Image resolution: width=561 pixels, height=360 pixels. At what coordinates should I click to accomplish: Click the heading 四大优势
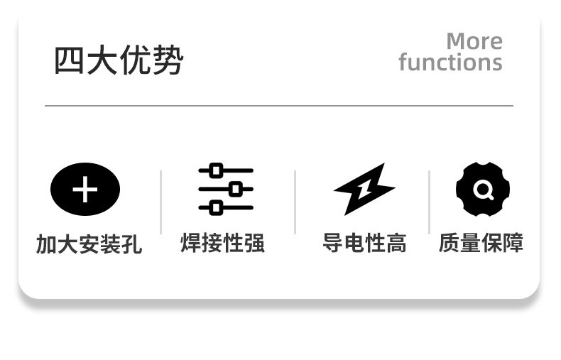pyautogui.click(x=119, y=60)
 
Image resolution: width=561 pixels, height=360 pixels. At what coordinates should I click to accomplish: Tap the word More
pyautogui.click(x=474, y=41)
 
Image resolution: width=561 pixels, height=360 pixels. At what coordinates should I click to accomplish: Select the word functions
pyautogui.click(x=450, y=62)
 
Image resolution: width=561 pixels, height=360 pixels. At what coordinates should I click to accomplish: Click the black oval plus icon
pyautogui.click(x=85, y=190)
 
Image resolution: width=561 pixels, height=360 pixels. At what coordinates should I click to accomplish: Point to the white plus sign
pyautogui.click(x=85, y=190)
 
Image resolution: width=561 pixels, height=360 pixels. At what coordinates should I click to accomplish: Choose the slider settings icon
pyautogui.click(x=226, y=190)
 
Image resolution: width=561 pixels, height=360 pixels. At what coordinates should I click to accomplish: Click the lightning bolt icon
pyautogui.click(x=364, y=189)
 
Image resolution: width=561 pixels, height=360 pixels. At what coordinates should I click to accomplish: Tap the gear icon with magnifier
pyautogui.click(x=483, y=190)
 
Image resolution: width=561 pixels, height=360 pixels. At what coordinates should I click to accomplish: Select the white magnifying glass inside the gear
pyautogui.click(x=483, y=190)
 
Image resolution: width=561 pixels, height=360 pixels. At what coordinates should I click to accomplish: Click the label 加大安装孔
pyautogui.click(x=89, y=244)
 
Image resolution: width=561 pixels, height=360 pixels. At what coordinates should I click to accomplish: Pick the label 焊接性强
pyautogui.click(x=223, y=244)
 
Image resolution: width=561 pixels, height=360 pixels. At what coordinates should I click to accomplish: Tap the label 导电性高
pyautogui.click(x=364, y=244)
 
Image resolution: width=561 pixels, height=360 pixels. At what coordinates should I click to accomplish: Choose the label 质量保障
pyautogui.click(x=481, y=244)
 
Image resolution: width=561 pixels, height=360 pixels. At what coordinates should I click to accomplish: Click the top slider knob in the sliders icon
pyautogui.click(x=217, y=170)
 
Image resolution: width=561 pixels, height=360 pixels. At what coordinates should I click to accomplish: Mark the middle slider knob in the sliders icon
pyautogui.click(x=236, y=190)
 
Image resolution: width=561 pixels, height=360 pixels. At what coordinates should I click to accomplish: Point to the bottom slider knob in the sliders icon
pyautogui.click(x=217, y=208)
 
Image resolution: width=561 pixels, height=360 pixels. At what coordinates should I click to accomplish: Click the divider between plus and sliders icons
pyautogui.click(x=161, y=202)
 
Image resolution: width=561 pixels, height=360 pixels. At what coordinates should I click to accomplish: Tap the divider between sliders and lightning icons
pyautogui.click(x=295, y=202)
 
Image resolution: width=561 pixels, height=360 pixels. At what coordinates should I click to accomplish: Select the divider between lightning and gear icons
pyautogui.click(x=429, y=202)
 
